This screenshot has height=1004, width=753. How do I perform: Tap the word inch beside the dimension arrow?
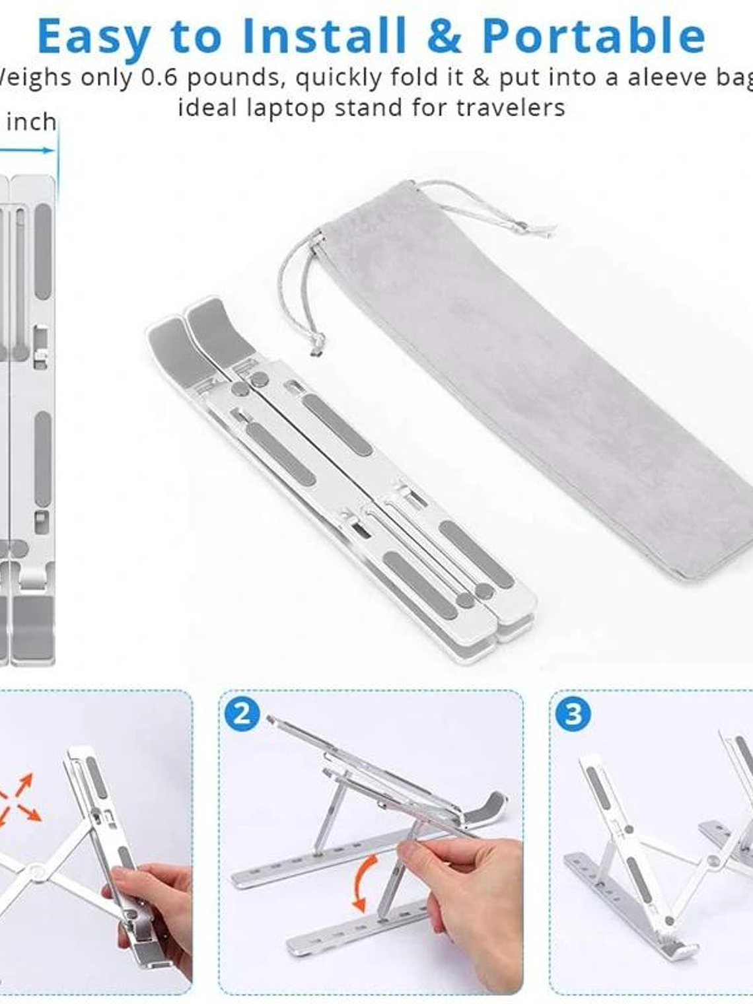(31, 122)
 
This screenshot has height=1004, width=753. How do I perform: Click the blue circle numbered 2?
(242, 714)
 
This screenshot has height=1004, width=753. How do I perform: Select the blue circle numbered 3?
(572, 714)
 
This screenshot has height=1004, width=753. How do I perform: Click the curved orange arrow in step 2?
(365, 882)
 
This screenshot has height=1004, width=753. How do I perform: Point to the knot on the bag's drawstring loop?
(318, 341)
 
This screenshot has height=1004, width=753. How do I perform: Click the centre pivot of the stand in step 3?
(713, 861)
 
